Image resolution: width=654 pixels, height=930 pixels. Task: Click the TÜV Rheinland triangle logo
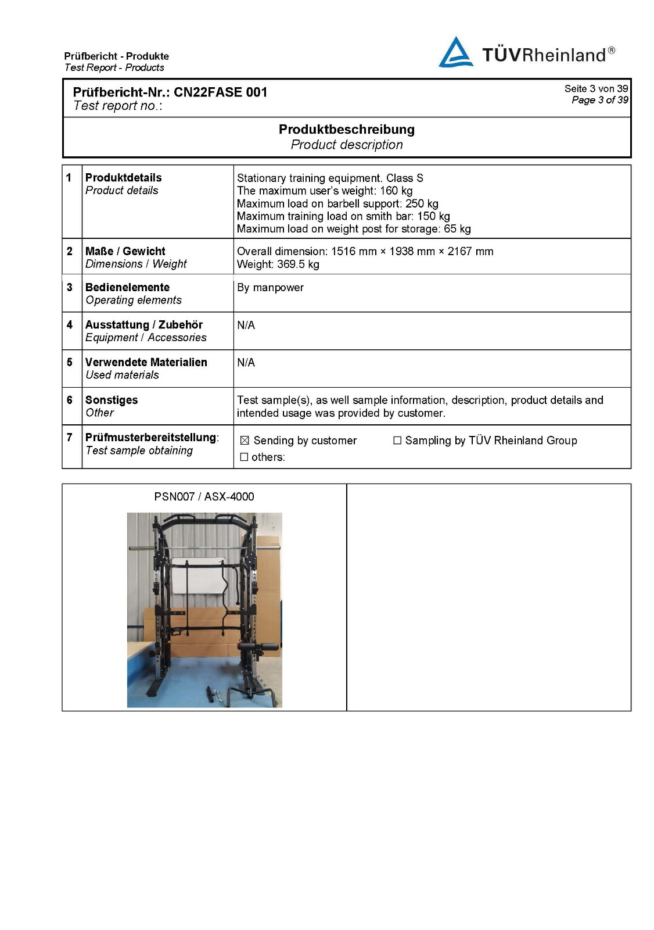coord(455,53)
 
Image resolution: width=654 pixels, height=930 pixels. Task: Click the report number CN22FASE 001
coord(221,92)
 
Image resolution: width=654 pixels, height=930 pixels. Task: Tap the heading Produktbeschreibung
coord(347,129)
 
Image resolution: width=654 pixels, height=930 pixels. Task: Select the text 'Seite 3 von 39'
coord(596,88)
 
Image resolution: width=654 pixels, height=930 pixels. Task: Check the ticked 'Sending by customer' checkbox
coord(245,441)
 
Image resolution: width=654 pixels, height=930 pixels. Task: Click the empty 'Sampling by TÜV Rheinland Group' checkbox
coord(397,441)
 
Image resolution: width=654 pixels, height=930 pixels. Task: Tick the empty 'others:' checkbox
coord(245,457)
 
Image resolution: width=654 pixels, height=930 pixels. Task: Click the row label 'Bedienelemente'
coord(127,287)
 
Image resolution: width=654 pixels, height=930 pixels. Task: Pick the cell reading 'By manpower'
coord(270,288)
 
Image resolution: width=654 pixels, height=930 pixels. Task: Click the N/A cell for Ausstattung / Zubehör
coord(246,325)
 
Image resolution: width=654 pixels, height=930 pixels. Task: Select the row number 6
coord(70,400)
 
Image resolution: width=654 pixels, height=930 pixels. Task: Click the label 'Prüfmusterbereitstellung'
coord(150,437)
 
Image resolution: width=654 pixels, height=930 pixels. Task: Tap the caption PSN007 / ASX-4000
coord(204,496)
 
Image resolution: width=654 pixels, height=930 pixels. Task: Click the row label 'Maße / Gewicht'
coord(125,251)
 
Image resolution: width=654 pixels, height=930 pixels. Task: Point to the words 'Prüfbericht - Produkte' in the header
coord(116,56)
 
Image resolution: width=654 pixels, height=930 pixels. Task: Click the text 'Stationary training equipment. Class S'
coord(330,178)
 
